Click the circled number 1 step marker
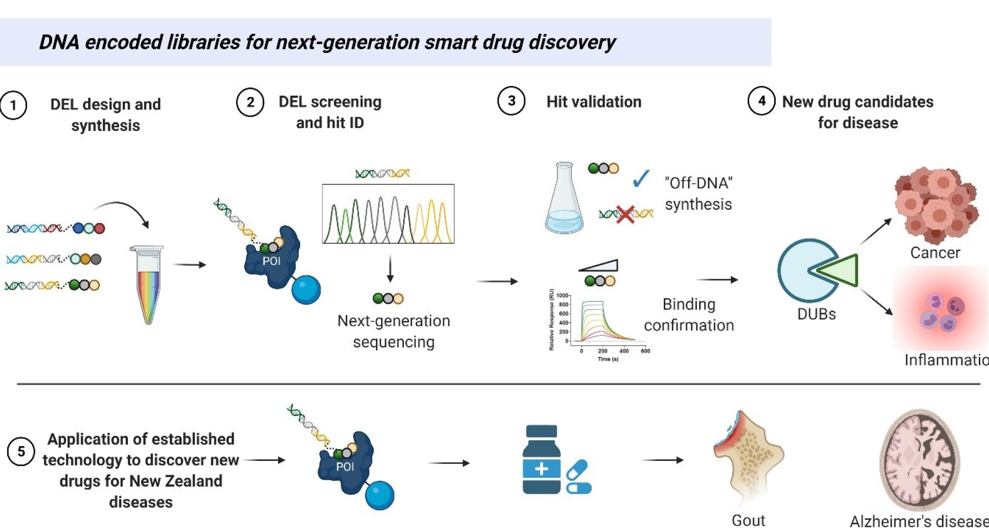click(13, 105)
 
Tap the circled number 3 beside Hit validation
click(511, 101)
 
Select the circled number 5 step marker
click(21, 451)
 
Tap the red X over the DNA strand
click(625, 214)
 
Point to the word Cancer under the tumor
click(935, 253)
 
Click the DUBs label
click(816, 314)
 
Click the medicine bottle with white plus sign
click(542, 460)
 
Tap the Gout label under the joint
click(748, 521)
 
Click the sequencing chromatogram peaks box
click(388, 214)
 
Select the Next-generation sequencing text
click(394, 331)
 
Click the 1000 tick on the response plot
click(563, 296)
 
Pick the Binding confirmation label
click(688, 315)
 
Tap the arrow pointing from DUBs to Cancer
click(875, 231)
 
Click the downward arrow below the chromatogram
click(390, 269)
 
